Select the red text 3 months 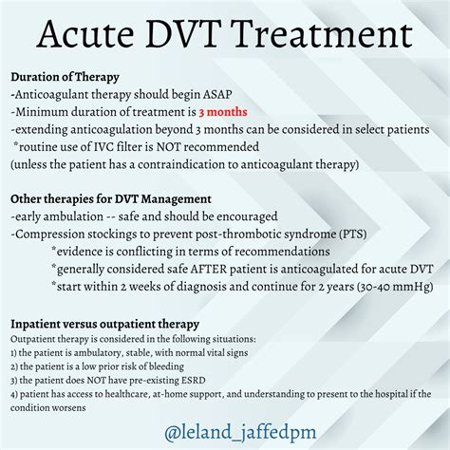[x=220, y=112]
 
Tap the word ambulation [x=66, y=216]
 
